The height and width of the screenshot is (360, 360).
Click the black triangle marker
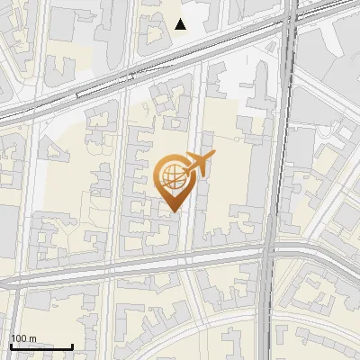pyautogui.click(x=181, y=23)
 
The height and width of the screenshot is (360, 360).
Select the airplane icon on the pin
pyautogui.click(x=196, y=164)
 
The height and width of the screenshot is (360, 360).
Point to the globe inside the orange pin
pyautogui.click(x=171, y=178)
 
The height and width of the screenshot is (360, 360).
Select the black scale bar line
pyautogui.click(x=41, y=346)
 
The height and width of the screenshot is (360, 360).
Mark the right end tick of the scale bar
pyautogui.click(x=72, y=345)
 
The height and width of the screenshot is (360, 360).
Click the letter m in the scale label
pyautogui.click(x=34, y=339)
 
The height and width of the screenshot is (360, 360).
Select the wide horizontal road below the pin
pyautogui.click(x=135, y=271)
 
